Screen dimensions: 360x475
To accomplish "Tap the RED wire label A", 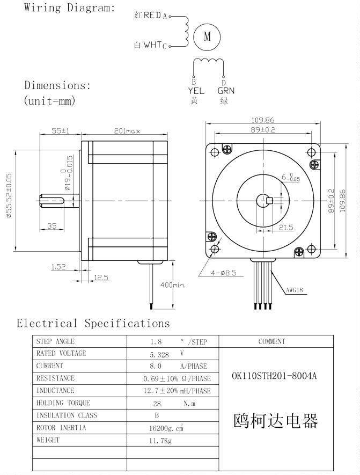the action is [165, 16].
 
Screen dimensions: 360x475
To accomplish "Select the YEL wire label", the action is [196, 91].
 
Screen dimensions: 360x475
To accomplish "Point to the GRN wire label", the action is [226, 91].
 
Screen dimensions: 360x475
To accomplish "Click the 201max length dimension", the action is [127, 131].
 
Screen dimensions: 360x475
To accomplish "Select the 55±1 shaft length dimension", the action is [60, 130].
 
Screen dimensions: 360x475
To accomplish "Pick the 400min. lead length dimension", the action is [173, 285].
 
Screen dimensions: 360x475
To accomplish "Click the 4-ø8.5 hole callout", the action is [223, 273].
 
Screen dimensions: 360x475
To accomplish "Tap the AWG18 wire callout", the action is [295, 290].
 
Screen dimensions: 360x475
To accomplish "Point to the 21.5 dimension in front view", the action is [286, 227].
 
